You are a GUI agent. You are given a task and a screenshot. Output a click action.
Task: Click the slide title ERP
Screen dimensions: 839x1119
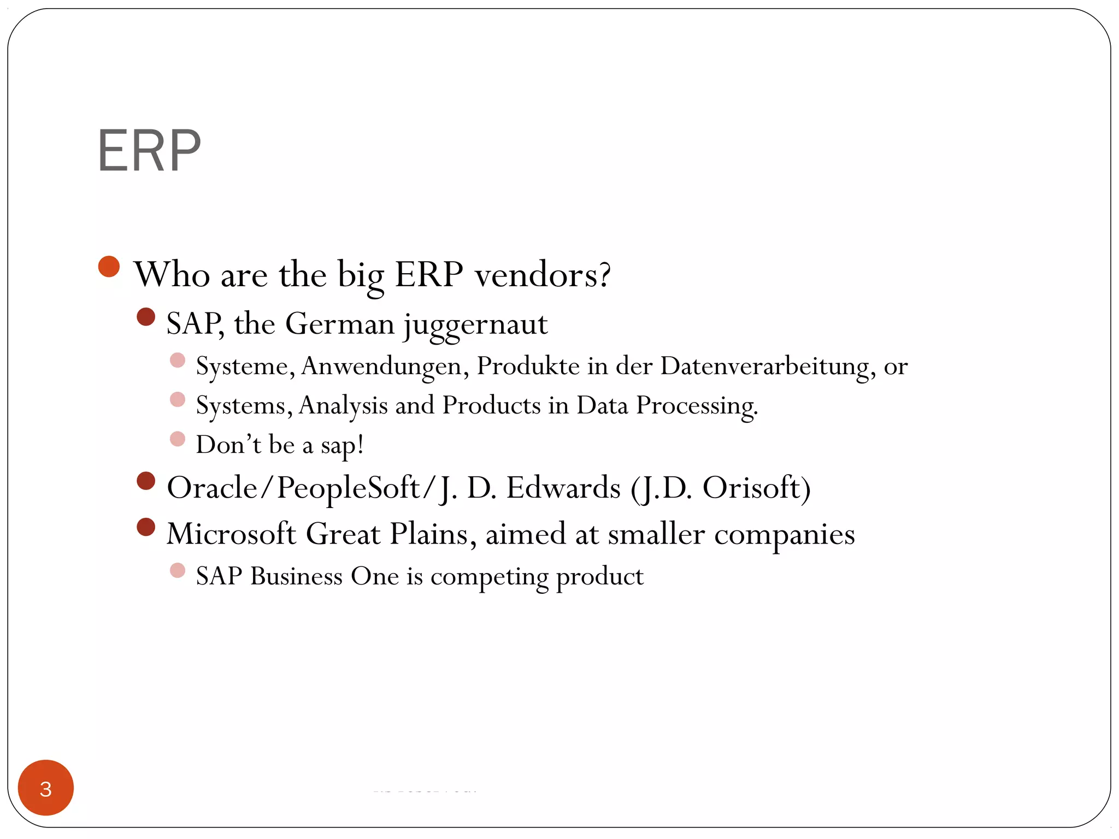click(149, 151)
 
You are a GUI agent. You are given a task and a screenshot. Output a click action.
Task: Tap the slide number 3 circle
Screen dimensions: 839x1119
click(46, 788)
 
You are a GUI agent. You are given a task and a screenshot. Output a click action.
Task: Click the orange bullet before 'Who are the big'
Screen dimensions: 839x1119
click(109, 267)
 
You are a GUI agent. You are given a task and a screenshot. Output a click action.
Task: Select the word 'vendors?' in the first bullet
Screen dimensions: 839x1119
click(542, 274)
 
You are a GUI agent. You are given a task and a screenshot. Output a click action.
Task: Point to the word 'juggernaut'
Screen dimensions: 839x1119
click(475, 324)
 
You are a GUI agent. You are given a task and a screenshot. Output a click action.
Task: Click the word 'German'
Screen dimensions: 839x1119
click(339, 324)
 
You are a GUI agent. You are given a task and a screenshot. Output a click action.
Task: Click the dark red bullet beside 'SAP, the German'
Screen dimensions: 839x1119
click(146, 317)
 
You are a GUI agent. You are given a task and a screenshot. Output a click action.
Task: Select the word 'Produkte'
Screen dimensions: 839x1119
click(528, 366)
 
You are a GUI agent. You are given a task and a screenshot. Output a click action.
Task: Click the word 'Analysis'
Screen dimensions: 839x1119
click(343, 406)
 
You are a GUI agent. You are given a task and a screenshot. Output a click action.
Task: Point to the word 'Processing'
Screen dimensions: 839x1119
click(697, 406)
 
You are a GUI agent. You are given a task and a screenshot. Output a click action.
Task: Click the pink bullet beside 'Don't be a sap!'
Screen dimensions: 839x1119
click(178, 439)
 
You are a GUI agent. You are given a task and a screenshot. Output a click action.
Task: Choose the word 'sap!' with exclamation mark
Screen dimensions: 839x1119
click(342, 445)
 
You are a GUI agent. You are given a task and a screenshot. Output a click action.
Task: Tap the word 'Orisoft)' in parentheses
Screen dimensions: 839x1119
click(756, 488)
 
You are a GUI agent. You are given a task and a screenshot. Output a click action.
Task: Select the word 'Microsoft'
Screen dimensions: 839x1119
click(231, 534)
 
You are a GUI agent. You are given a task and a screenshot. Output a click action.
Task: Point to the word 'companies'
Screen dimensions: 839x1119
click(784, 534)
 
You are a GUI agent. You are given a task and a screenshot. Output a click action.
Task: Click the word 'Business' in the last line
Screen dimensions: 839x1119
click(296, 576)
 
